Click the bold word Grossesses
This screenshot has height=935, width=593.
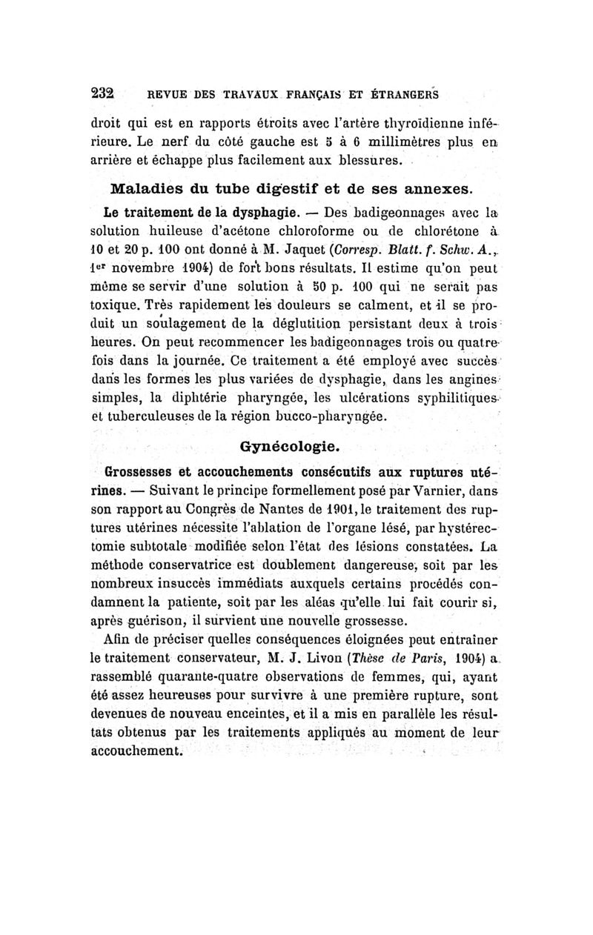(x=141, y=470)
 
